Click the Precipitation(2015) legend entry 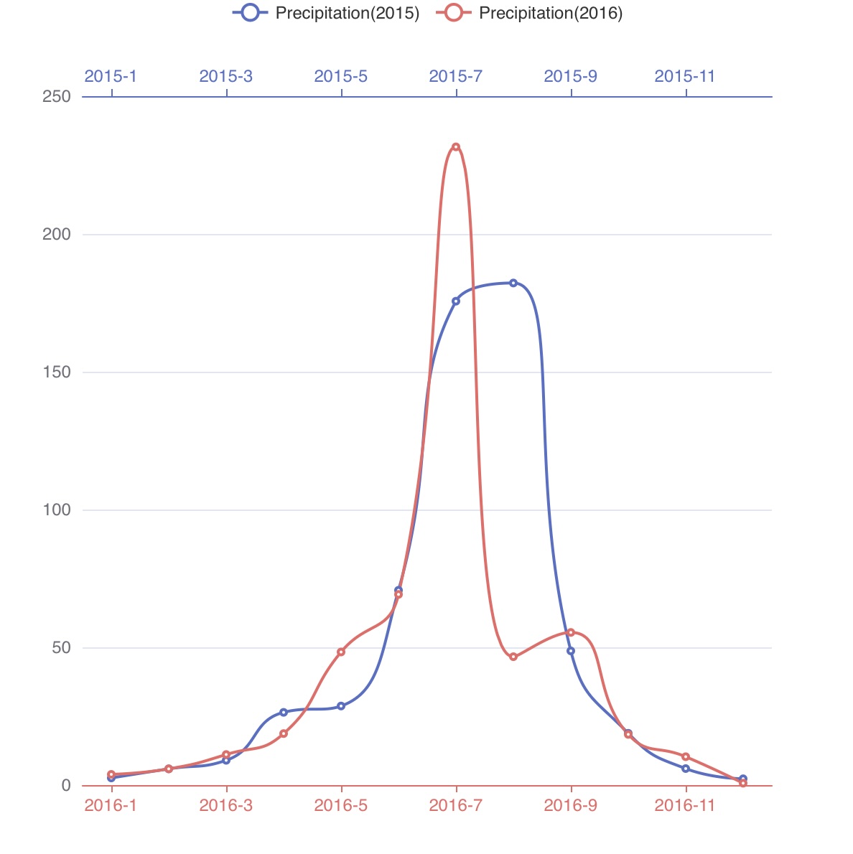[x=327, y=13]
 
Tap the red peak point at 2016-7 [x=456, y=147]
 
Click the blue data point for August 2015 [x=513, y=283]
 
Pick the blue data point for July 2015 [x=456, y=301]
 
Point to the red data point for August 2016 [x=513, y=657]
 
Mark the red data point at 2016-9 [x=571, y=632]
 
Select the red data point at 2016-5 [x=341, y=652]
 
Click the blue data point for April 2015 [x=284, y=712]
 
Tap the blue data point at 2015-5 [x=341, y=706]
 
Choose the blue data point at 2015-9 [x=571, y=651]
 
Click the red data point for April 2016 [x=284, y=733]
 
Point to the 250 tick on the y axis [x=57, y=96]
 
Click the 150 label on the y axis [x=57, y=372]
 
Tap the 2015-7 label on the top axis [x=455, y=76]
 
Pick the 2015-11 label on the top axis [x=685, y=76]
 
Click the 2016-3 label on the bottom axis [x=226, y=805]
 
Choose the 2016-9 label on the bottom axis [x=570, y=805]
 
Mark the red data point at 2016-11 [x=686, y=756]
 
